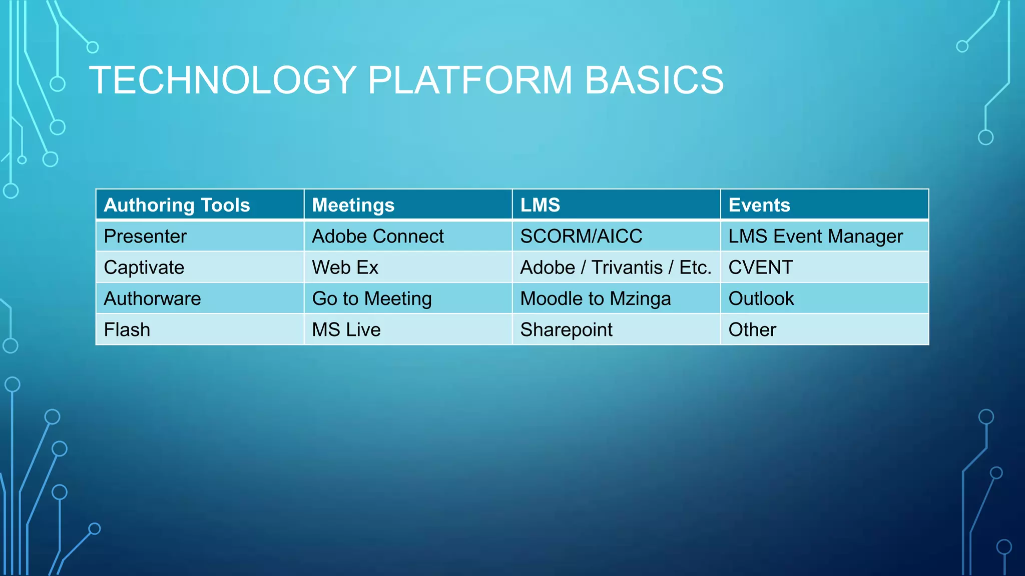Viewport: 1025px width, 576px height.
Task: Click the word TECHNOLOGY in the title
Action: point(222,80)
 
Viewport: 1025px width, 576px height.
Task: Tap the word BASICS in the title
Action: point(654,80)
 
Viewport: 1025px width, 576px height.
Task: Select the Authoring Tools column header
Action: point(177,205)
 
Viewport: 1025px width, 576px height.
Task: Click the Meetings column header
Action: point(353,205)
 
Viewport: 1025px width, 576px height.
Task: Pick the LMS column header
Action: point(540,205)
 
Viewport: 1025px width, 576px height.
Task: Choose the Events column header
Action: point(759,205)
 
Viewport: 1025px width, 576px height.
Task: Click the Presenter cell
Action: point(145,236)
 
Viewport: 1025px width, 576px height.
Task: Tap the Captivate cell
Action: point(144,267)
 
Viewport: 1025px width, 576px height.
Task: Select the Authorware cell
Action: point(152,298)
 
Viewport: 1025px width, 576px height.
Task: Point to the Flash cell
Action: point(127,329)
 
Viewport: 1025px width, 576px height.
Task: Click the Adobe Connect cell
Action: point(378,236)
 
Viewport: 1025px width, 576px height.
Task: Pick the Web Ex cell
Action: point(345,267)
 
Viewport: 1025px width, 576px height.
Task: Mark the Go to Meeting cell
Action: point(372,298)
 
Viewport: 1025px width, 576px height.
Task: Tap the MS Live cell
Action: point(346,329)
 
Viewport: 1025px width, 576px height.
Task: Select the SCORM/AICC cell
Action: point(581,236)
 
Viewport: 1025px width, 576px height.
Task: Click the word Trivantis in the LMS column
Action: point(627,267)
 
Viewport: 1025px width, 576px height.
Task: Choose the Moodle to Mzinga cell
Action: point(596,298)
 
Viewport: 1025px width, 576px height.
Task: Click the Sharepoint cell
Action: point(566,329)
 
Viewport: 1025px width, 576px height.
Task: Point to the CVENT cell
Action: point(761,267)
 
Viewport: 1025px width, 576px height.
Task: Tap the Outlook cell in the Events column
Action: point(761,298)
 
